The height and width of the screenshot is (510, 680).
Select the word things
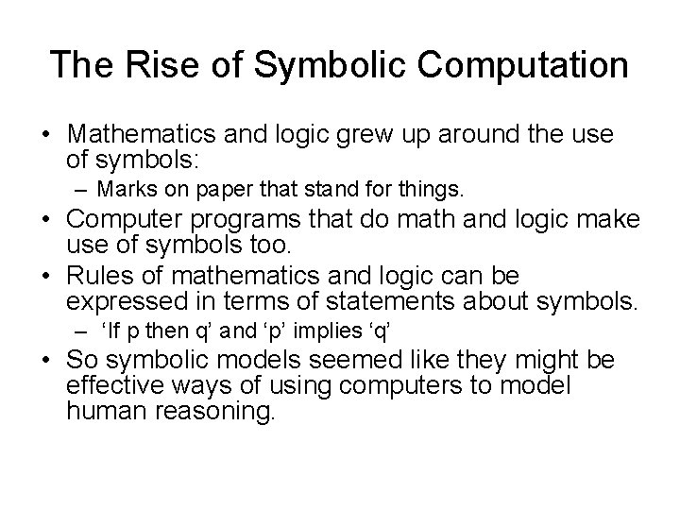click(x=433, y=190)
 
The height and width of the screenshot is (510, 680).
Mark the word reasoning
click(x=215, y=413)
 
